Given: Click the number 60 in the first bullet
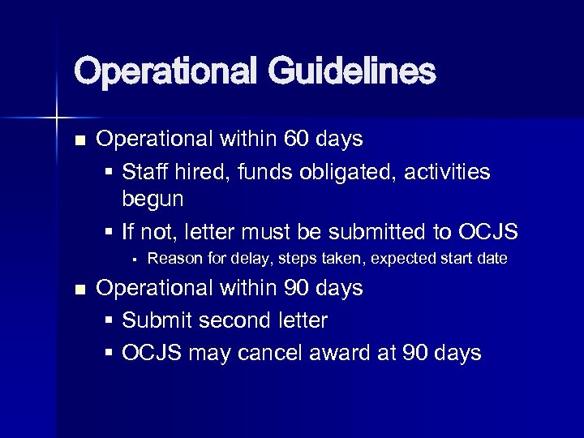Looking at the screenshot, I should [x=298, y=140].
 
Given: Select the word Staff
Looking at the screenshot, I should [x=147, y=172].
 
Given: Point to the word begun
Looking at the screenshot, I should [x=152, y=199].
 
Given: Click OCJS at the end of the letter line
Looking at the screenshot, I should [x=487, y=233].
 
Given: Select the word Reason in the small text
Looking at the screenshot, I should [x=173, y=259].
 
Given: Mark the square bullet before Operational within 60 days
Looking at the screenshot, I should [x=79, y=140].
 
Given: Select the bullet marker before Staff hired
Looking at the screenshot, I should [x=109, y=173].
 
